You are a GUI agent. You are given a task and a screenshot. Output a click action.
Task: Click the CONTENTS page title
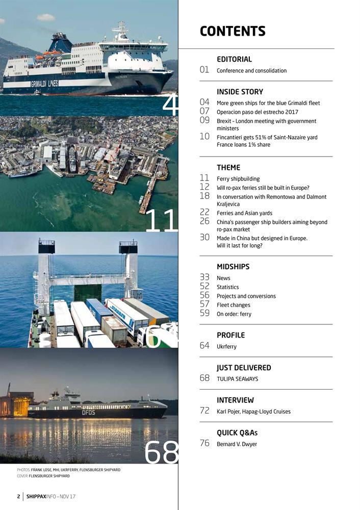point(233,31)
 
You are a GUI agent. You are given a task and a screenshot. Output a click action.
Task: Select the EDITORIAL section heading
point(234,59)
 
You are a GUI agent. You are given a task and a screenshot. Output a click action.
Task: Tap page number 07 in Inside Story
point(205,111)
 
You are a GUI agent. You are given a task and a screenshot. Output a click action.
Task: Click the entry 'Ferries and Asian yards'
point(244,213)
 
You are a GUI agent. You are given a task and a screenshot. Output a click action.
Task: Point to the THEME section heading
point(228,167)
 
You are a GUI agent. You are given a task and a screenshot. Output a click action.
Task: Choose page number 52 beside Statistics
point(205,286)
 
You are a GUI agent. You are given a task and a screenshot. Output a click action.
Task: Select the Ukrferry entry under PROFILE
point(226,347)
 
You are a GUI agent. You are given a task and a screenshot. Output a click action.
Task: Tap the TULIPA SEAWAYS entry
point(237,379)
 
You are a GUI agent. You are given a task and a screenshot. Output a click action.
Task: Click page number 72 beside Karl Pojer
point(205,411)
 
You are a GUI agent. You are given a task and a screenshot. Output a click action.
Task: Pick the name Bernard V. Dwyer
point(237,444)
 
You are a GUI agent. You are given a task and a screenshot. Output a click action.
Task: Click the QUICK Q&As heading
point(237,433)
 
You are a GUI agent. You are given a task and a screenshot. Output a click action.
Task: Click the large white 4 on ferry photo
point(170,106)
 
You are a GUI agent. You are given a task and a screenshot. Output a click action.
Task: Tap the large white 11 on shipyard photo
point(161,220)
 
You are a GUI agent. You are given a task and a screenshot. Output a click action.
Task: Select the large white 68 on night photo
point(161,452)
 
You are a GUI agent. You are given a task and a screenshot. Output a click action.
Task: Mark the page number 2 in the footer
point(18,496)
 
